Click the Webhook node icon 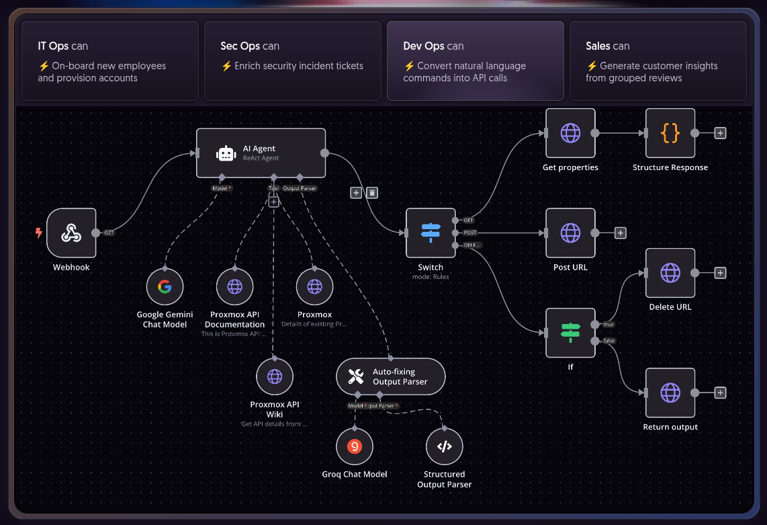[71, 233]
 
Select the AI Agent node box [261, 153]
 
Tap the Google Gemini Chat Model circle [165, 287]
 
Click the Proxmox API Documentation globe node [234, 287]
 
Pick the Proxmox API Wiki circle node [275, 376]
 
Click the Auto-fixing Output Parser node [390, 376]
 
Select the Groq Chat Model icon [355, 446]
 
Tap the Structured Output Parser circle [444, 446]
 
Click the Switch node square [431, 233]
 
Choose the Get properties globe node [570, 133]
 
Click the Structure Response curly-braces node [670, 133]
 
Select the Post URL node [570, 233]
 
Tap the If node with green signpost [570, 333]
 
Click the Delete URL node [670, 272]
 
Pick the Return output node [670, 393]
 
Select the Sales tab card [658, 60]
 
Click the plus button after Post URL [621, 233]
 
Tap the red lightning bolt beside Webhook [39, 233]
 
